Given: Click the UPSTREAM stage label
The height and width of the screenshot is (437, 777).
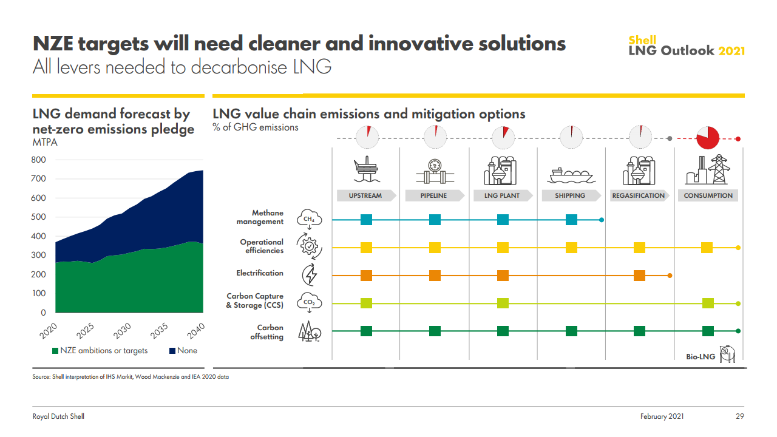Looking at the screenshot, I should point(365,195).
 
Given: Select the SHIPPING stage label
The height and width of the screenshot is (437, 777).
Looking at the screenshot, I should point(570,195).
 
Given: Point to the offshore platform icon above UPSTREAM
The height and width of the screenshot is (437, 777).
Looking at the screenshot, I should point(366,170).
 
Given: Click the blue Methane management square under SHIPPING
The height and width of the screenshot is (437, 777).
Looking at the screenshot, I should point(571,220).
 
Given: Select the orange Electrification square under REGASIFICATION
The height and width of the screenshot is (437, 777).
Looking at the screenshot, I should point(639,275).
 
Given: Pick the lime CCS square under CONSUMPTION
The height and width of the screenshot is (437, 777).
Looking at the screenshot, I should point(707,303).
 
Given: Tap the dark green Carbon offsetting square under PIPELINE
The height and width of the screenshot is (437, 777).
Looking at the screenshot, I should point(435,331).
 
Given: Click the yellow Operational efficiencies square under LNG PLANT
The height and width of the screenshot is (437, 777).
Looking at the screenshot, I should point(503,248).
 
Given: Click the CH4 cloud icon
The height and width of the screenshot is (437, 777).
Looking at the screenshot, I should point(309,218).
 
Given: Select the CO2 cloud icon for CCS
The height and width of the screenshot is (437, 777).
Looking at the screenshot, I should point(309,302).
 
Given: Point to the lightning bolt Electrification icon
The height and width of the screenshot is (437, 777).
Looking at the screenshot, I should point(310,274).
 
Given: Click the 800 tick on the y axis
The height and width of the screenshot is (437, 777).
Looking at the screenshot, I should point(39,160).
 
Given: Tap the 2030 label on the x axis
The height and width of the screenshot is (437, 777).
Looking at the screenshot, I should point(122,333).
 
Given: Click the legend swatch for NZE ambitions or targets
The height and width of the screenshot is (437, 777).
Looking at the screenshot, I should point(55,351).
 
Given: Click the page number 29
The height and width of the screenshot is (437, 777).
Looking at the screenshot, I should point(740,416).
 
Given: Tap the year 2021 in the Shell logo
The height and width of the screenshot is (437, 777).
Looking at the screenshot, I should point(731,51).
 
